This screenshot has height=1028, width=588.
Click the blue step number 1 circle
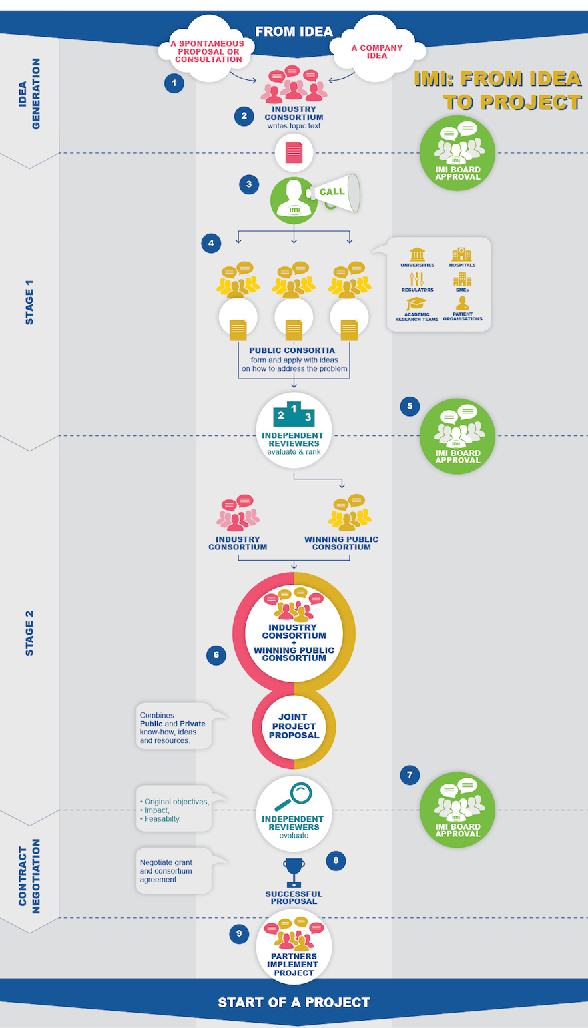point(174,83)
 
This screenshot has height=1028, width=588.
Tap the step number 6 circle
point(216,655)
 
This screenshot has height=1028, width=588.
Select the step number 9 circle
point(239,933)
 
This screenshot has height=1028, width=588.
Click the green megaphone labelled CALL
point(336,193)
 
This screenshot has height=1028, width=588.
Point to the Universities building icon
point(417,254)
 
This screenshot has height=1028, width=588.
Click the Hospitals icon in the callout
point(461,254)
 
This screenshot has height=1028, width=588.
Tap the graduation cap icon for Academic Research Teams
point(416,304)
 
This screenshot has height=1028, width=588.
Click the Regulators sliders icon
point(416,279)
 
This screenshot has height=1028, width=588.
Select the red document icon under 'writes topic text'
point(294,153)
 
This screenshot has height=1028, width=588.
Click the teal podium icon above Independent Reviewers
point(294,414)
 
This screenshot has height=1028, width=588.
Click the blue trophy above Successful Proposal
point(294,872)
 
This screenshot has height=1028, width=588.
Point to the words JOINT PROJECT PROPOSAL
point(294,726)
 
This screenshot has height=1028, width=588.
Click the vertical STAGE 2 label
point(29,633)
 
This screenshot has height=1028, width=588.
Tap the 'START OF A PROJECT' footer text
point(294,1002)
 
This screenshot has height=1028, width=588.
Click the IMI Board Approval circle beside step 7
point(457,810)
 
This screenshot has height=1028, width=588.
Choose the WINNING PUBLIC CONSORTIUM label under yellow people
point(341,543)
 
